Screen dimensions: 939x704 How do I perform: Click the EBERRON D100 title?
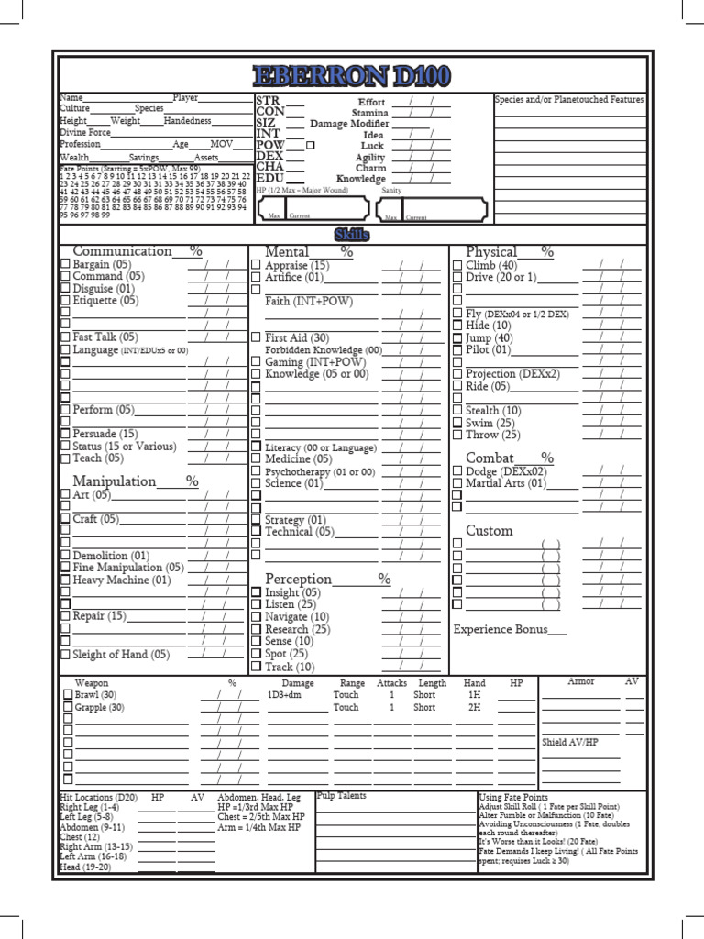click(x=351, y=73)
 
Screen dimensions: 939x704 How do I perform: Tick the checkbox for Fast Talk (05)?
click(x=65, y=337)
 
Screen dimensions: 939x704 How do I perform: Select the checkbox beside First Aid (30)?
click(x=257, y=338)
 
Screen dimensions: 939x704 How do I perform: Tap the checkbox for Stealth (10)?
click(x=457, y=411)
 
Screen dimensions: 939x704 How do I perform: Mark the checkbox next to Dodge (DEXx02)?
click(x=457, y=471)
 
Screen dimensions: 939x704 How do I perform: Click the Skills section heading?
click(x=351, y=235)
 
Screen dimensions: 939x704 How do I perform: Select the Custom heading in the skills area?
click(x=489, y=531)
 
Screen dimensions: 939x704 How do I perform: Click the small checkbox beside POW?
click(x=310, y=146)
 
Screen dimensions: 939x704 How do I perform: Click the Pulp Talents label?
click(x=341, y=796)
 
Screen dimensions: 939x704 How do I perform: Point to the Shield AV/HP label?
click(x=569, y=742)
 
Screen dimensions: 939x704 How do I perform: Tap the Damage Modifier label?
click(x=349, y=124)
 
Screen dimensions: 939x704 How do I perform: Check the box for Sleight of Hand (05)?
click(x=65, y=655)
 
